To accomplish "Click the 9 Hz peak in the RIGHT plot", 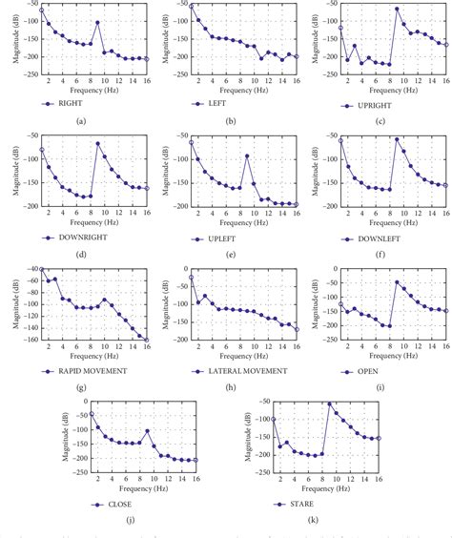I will [x=97, y=22].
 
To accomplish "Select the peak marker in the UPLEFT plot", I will [x=247, y=155].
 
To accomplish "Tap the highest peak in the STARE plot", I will [x=330, y=403].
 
